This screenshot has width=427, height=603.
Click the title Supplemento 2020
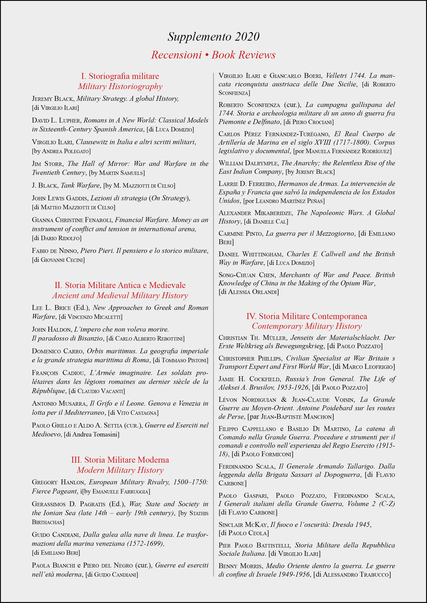point(213,37)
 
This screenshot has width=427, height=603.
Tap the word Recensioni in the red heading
point(176,55)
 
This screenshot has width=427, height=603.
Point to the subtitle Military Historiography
point(120,87)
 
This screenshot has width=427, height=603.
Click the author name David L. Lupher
point(56,120)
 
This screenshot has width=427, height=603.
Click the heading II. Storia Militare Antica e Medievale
point(120,285)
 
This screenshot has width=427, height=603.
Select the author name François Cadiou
point(58,373)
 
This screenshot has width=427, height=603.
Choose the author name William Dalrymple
point(248,163)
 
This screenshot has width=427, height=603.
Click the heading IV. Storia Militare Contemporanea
point(307,316)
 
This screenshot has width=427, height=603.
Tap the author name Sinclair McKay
point(243,525)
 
